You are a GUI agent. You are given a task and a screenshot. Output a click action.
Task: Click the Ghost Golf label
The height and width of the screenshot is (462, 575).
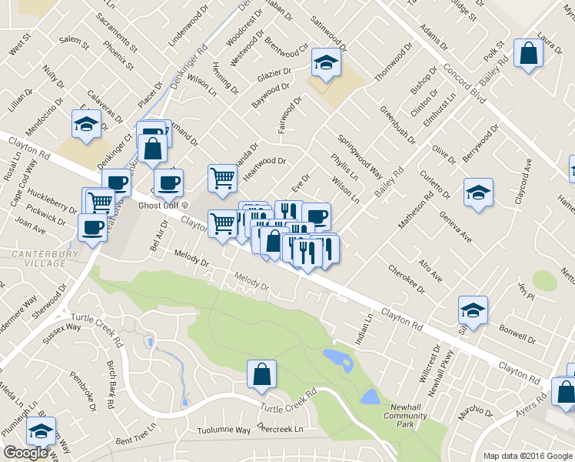pos(159,206)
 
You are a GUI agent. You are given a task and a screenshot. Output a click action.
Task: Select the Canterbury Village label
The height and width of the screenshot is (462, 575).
pos(36,258)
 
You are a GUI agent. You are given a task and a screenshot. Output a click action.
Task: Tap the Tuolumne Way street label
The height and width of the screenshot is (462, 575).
pos(224,430)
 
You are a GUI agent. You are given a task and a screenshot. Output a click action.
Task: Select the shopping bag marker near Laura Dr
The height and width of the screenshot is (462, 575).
pos(528,53)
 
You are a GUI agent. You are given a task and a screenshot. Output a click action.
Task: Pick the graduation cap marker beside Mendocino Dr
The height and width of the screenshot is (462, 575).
pos(86,123)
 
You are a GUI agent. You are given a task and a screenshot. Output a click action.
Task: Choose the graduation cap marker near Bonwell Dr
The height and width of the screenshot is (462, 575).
pos(473,310)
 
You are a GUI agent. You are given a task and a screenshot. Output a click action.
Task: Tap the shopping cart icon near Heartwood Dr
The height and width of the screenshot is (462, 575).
pos(222,177)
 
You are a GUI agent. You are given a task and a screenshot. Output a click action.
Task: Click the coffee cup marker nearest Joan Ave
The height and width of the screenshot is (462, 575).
pos(92,227)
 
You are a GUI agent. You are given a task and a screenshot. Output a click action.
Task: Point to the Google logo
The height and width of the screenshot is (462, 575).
pos(25,453)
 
